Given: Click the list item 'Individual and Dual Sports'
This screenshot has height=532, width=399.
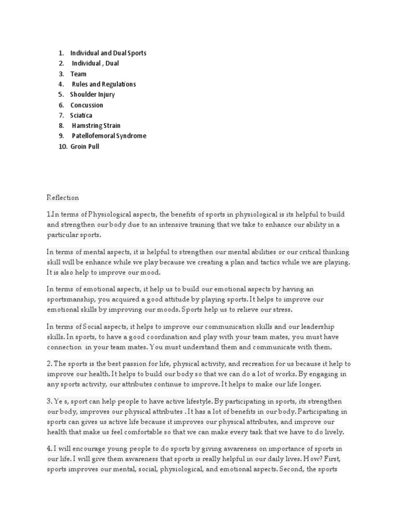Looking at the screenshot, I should click(x=108, y=53).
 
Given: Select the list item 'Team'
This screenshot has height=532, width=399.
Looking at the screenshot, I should click(x=78, y=74).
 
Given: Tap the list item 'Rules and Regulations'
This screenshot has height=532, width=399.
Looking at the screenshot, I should click(x=104, y=84).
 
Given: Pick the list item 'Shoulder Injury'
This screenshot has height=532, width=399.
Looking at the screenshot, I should click(x=92, y=95).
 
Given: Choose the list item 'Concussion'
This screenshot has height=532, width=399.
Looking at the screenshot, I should click(x=87, y=105).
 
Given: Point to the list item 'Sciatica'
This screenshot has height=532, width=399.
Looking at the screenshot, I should click(x=81, y=115).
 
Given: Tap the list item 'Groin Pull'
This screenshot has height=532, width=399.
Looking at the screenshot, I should click(x=85, y=147).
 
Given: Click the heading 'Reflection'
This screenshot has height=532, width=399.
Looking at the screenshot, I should click(x=63, y=197).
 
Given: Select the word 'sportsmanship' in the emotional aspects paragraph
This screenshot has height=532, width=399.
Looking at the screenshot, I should click(x=70, y=299).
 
